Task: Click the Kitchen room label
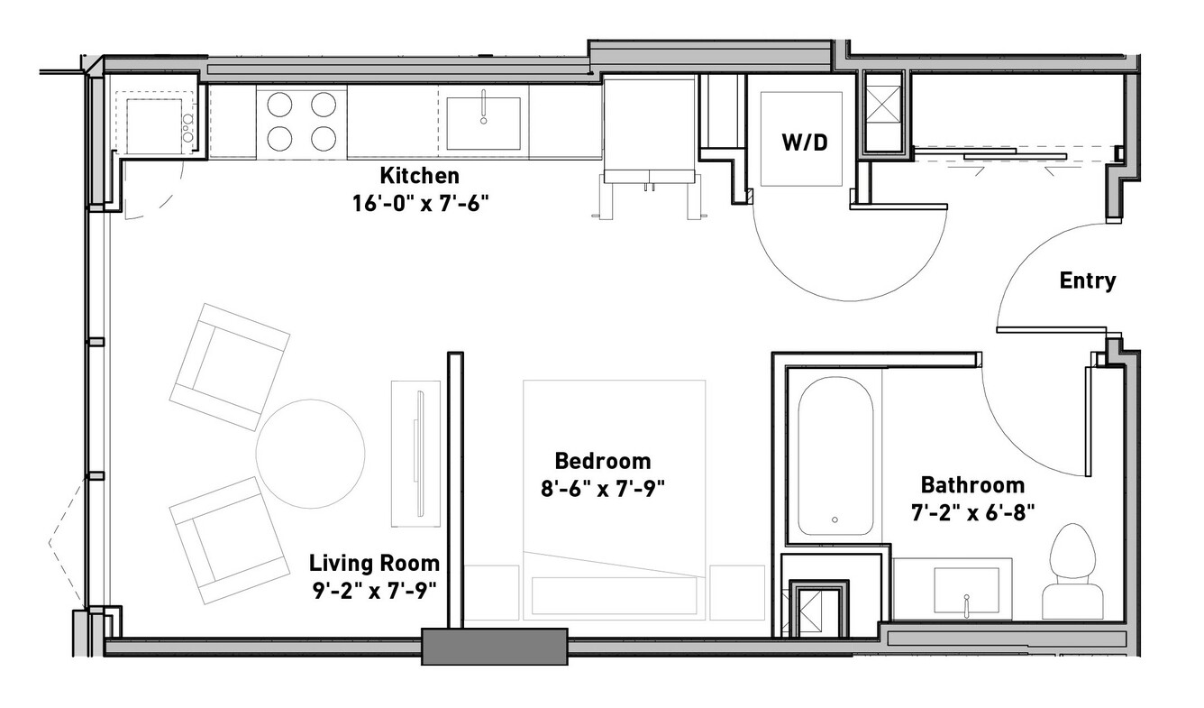click(x=419, y=176)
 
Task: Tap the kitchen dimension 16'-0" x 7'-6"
click(x=420, y=204)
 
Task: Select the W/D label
click(x=804, y=143)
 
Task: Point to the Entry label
click(x=1088, y=280)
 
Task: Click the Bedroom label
click(x=603, y=461)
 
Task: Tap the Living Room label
click(x=374, y=564)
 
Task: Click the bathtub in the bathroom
click(x=835, y=455)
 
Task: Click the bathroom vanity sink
click(x=966, y=590)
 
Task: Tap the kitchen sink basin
click(x=483, y=124)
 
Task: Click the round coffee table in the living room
click(x=310, y=454)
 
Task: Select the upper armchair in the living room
click(x=230, y=367)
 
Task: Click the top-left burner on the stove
click(x=279, y=105)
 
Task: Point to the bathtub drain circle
click(x=835, y=520)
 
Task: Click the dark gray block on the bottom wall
click(x=495, y=647)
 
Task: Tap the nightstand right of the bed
click(x=737, y=593)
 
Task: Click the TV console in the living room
click(x=415, y=454)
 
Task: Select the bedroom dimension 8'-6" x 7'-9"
click(x=603, y=489)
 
